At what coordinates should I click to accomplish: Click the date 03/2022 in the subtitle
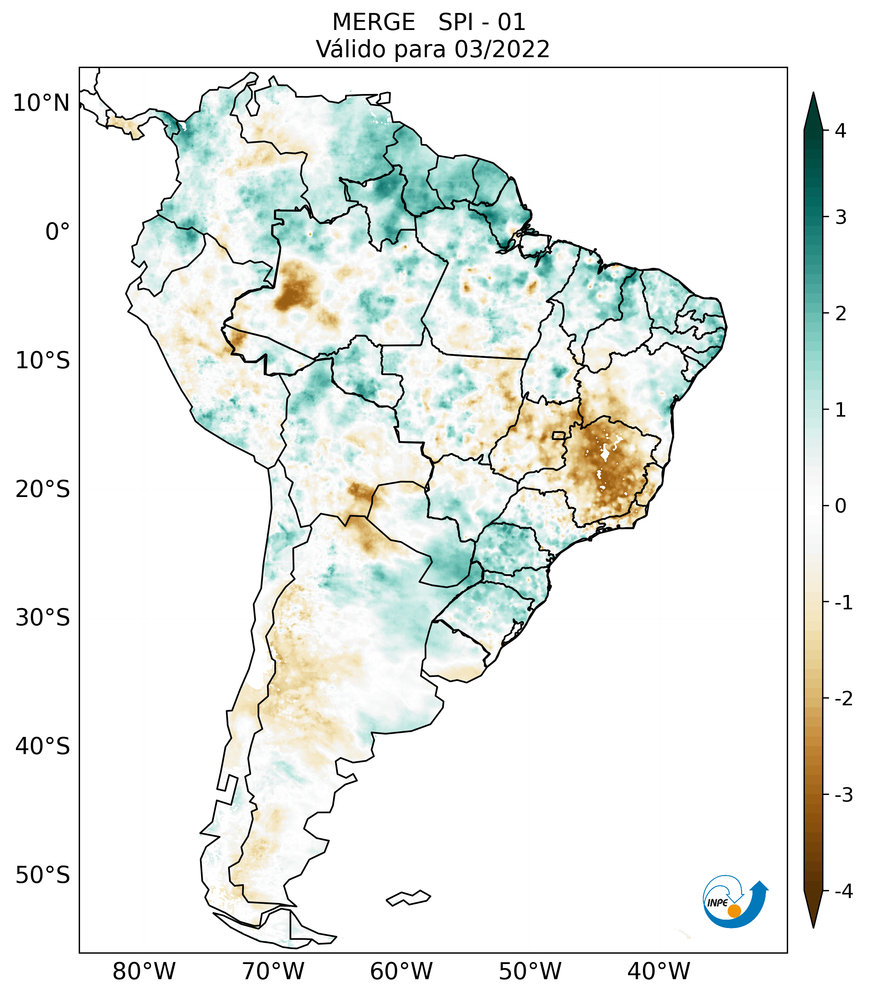coord(502,50)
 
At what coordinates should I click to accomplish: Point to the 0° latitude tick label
coord(58,232)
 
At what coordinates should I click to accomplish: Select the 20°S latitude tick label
coord(43,489)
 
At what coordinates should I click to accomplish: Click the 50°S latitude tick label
coord(43,876)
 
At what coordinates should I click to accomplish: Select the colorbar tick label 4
coord(840,131)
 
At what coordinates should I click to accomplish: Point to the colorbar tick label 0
coord(840,506)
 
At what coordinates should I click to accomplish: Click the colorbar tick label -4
coord(843,892)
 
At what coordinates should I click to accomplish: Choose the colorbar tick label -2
coord(843,699)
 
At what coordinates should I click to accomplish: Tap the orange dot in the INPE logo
coord(734,911)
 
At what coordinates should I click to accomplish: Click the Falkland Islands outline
coord(408,898)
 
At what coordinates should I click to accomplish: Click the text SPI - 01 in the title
coord(482,22)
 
